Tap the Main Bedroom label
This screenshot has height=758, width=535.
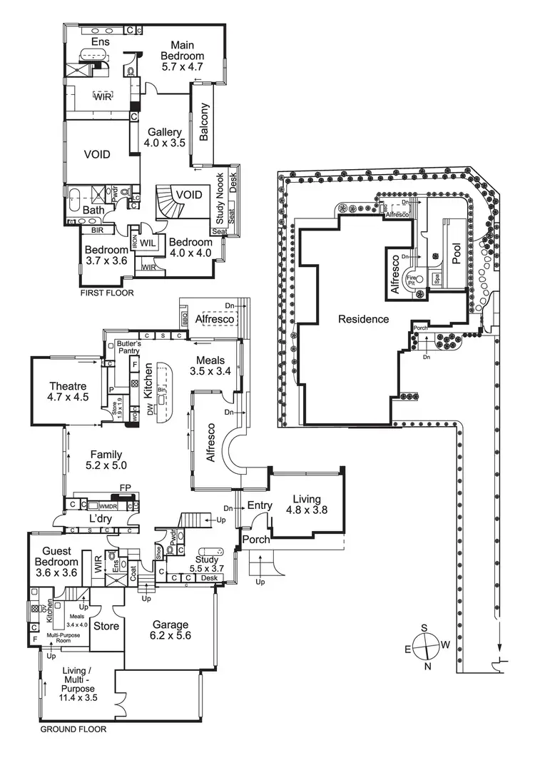[x=182, y=56]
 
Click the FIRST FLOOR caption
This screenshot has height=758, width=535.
[x=108, y=293]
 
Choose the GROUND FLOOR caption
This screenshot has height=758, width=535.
[x=73, y=729]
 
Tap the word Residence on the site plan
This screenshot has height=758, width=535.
[x=364, y=319]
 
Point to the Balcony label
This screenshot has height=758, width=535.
[x=204, y=122]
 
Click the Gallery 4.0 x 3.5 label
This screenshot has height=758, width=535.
[x=166, y=138]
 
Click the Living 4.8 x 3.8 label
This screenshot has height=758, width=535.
[x=306, y=505]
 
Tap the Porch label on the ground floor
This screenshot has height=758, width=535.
[x=256, y=539]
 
